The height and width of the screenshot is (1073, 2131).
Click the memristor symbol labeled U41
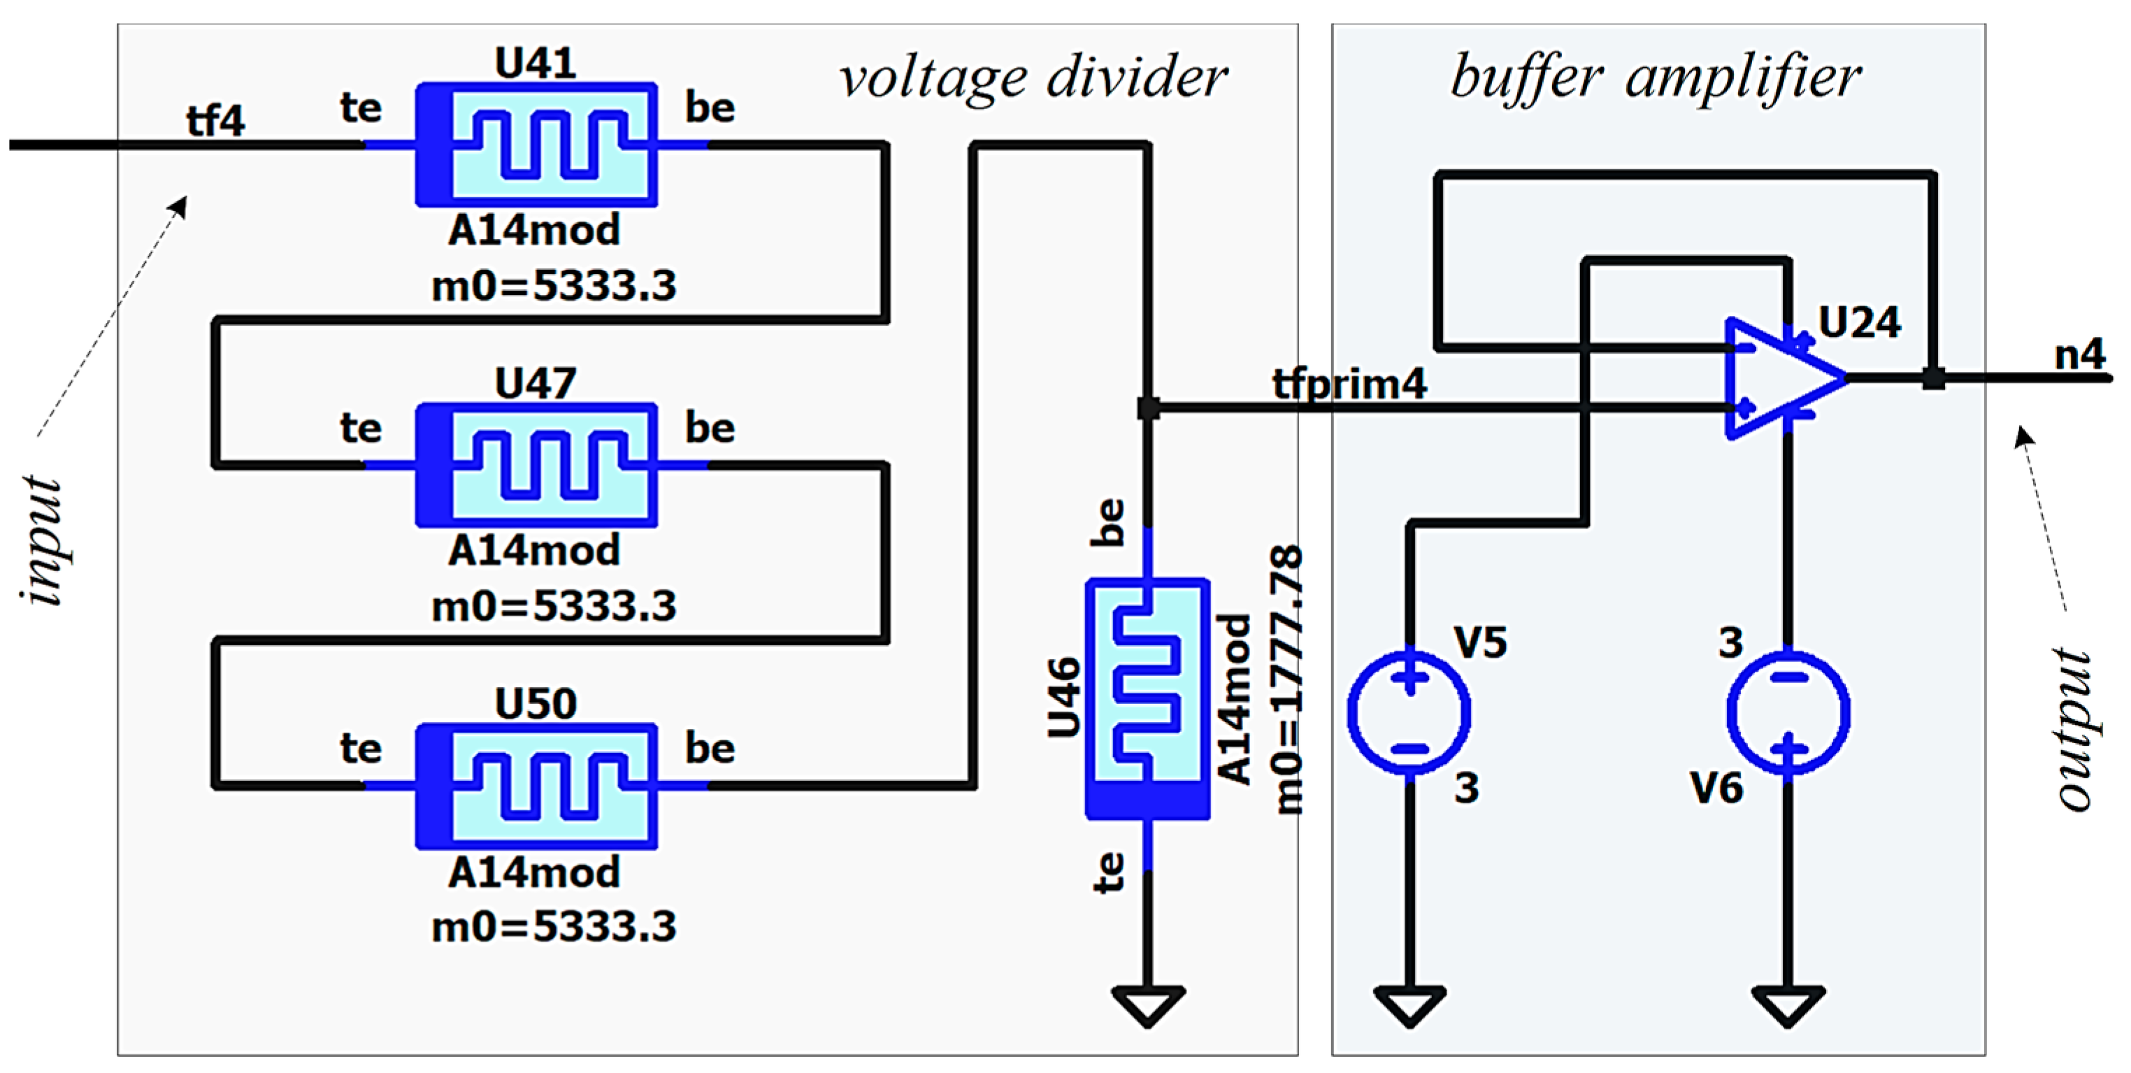tap(536, 145)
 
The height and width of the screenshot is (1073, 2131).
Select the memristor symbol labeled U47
tap(536, 465)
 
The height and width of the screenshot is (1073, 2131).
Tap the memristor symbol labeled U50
tap(536, 786)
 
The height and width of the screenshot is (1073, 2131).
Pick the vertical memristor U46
tap(1147, 699)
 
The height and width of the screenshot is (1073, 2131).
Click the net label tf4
tap(215, 121)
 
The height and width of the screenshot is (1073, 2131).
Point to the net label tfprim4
tap(1349, 384)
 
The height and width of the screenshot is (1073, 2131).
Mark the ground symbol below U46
tap(1147, 1004)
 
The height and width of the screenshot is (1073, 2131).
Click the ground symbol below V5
tap(1409, 1004)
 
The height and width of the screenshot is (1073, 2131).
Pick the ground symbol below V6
tap(1788, 1004)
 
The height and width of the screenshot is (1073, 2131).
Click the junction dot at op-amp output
tap(1932, 378)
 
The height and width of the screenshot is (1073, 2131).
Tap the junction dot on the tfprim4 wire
tap(1147, 408)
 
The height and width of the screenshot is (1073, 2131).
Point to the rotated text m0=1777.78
tap(1286, 678)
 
